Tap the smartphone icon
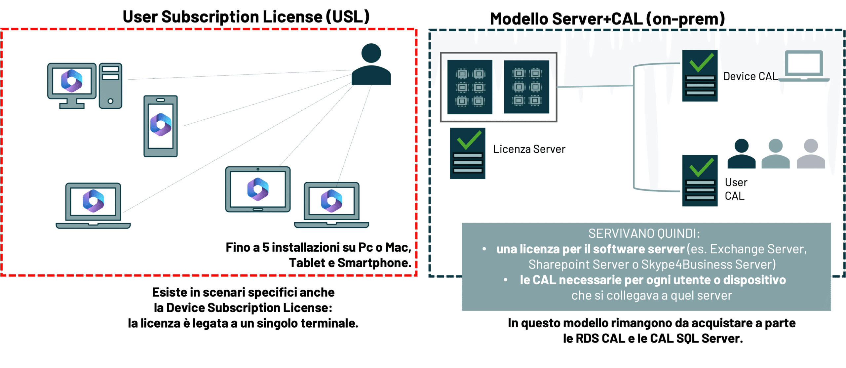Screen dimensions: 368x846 [161, 126]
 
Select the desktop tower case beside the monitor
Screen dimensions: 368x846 [110, 86]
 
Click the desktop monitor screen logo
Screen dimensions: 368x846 [72, 81]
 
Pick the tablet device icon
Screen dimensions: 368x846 [258, 189]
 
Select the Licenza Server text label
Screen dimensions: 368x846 [529, 149]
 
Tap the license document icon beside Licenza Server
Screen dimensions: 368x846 [468, 153]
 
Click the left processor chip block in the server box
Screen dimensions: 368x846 [470, 87]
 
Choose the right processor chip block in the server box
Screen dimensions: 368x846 [526, 87]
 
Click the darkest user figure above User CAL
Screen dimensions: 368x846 [742, 154]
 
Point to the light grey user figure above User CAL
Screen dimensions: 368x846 [811, 154]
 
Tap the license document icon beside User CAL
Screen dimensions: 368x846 [700, 181]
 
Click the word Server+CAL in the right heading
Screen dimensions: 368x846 [597, 19]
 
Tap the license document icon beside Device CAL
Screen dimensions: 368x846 [700, 76]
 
